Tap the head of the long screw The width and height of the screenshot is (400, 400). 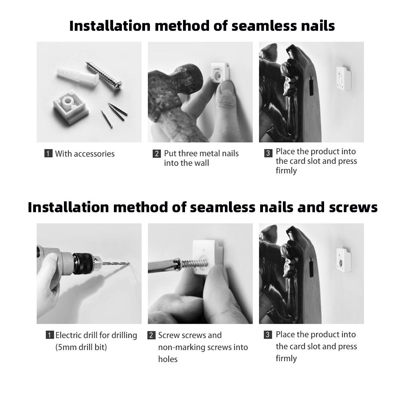pyautogui.click(x=118, y=84)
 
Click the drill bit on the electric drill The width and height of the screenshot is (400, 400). pyautogui.click(x=115, y=263)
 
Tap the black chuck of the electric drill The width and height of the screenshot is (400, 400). pyautogui.click(x=84, y=263)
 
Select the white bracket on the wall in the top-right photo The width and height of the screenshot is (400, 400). pyautogui.click(x=343, y=79)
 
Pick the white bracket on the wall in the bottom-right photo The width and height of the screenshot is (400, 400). pyautogui.click(x=343, y=260)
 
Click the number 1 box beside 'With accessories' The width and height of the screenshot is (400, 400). pyautogui.click(x=48, y=153)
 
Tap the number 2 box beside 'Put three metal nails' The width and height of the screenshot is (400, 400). pyautogui.click(x=157, y=153)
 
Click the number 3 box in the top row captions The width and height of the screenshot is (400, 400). pyautogui.click(x=268, y=153)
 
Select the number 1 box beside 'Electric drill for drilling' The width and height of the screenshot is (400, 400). pyautogui.click(x=50, y=335)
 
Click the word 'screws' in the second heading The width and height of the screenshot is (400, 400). pyautogui.click(x=353, y=207)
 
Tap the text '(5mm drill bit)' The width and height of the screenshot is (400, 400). pyautogui.click(x=81, y=347)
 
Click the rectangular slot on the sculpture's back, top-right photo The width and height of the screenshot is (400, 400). pyautogui.click(x=311, y=86)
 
